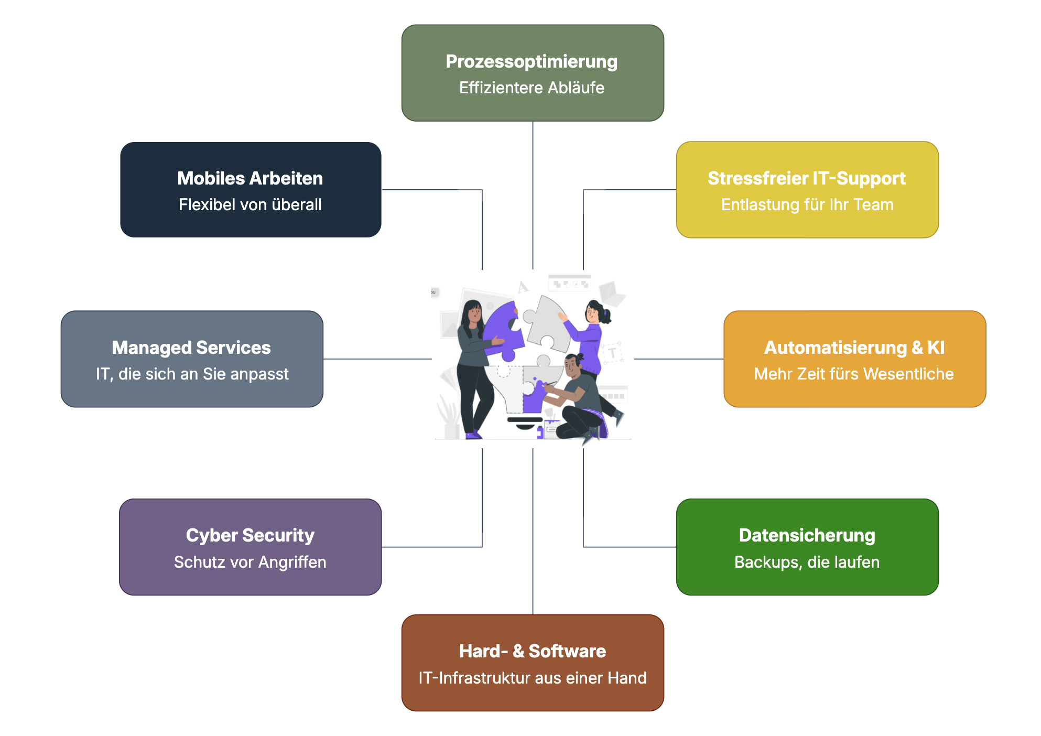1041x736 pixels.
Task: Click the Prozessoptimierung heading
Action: point(532,62)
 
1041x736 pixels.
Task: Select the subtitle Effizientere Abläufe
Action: point(532,88)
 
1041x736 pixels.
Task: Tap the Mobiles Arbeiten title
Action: point(250,178)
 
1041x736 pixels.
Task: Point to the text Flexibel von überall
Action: point(250,204)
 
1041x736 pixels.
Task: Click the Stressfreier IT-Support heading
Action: point(806,178)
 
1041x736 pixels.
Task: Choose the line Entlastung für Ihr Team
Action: point(807,204)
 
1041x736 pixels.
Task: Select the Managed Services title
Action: point(191,348)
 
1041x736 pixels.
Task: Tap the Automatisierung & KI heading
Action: point(854,348)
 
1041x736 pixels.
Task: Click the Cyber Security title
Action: point(250,535)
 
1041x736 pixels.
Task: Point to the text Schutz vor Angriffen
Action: point(250,562)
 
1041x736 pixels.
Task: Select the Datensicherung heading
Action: point(807,535)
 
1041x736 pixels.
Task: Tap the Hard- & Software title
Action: point(532,651)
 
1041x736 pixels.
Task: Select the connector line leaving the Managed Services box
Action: point(377,359)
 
